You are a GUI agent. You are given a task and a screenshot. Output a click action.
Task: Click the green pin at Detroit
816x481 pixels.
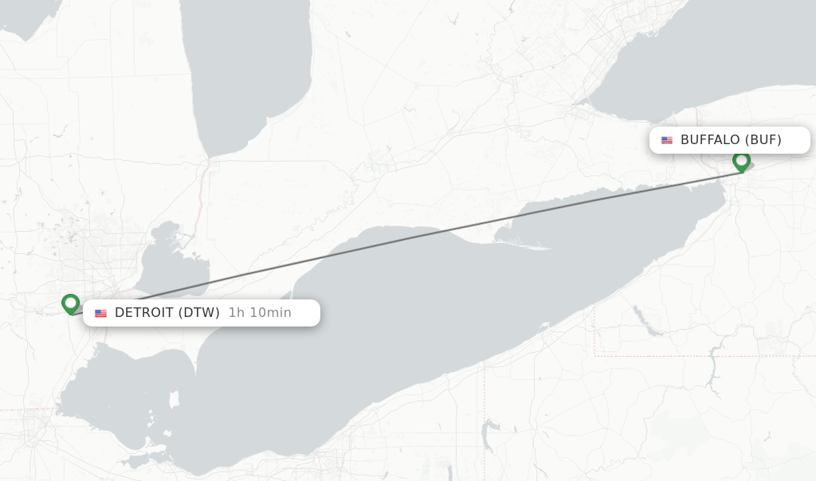pos(71,303)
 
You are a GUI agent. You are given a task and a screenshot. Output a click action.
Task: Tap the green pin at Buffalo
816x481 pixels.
pos(741,161)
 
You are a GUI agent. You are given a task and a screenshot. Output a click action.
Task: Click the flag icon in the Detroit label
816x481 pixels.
pos(100,313)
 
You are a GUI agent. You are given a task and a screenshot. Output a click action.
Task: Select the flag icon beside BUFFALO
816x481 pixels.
pos(667,140)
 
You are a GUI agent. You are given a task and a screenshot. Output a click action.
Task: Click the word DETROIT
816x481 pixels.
pos(144,313)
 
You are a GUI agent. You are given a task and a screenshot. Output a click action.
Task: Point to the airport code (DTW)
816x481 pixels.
pos(198,313)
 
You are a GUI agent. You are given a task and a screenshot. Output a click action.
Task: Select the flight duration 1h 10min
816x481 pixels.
pos(260,313)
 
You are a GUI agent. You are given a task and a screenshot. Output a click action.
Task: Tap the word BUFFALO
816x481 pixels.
pos(710,140)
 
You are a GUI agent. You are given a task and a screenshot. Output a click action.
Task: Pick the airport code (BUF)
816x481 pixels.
pos(763,140)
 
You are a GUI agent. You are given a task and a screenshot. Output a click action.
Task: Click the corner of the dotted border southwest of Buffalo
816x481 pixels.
pos(594,355)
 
